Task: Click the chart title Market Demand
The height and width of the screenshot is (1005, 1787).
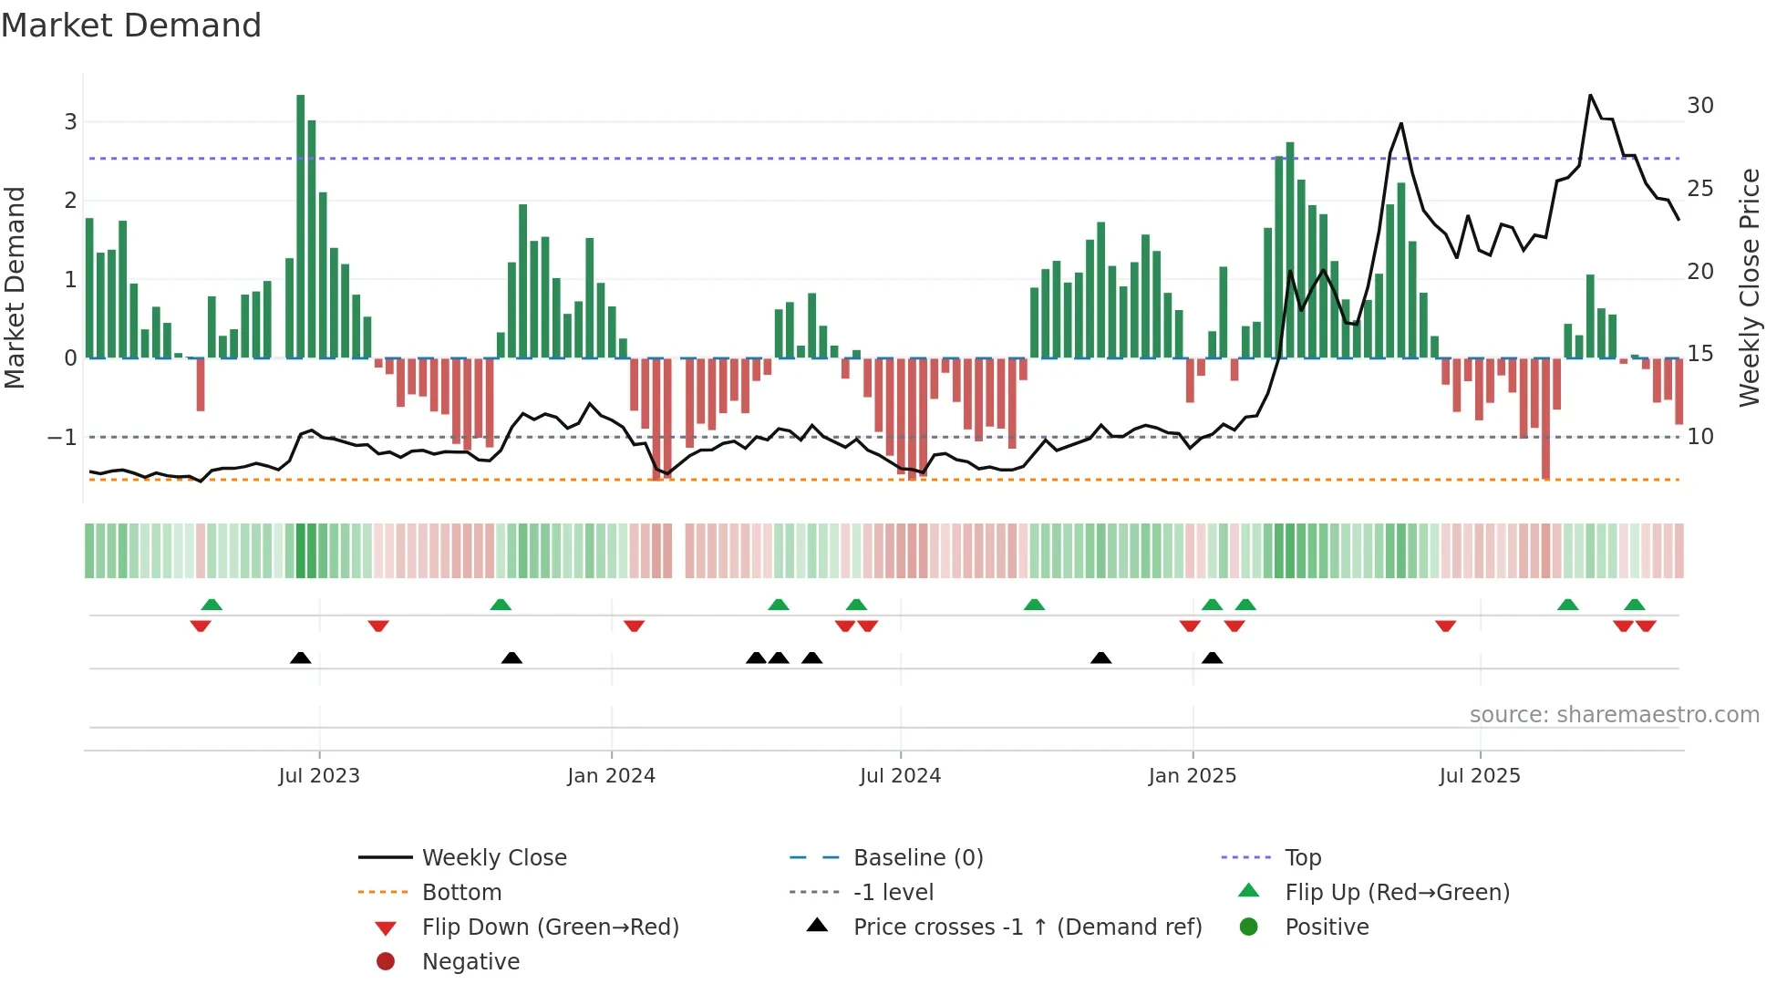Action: [131, 26]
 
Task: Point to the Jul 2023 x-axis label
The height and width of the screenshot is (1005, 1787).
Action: [319, 776]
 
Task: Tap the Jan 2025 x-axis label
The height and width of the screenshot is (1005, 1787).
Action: [1192, 776]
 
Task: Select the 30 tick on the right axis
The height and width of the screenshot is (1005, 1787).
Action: [1699, 106]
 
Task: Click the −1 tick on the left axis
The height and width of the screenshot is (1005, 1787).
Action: [62, 438]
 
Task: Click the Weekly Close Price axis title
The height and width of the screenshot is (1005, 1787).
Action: [1749, 287]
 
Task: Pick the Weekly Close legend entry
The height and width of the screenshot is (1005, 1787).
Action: [493, 858]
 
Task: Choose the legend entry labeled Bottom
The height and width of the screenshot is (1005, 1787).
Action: [461, 893]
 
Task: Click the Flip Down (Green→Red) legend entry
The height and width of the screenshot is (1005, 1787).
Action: [550, 927]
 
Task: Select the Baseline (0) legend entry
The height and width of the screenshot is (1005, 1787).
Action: [917, 858]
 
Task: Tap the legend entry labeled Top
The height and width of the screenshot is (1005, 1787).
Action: [1302, 858]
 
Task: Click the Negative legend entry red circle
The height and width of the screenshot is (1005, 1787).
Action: [386, 962]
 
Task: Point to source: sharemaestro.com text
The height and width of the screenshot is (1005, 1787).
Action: [1614, 715]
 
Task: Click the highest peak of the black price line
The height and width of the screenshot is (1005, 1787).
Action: [1590, 96]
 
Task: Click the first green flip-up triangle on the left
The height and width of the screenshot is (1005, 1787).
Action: [212, 605]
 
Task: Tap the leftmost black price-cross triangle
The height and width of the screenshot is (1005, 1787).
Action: [300, 658]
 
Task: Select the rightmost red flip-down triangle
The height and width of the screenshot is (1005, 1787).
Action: [1646, 626]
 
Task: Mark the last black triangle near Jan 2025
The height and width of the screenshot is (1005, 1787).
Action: [1212, 658]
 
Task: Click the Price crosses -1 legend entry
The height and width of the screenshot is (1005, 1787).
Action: [1027, 927]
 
